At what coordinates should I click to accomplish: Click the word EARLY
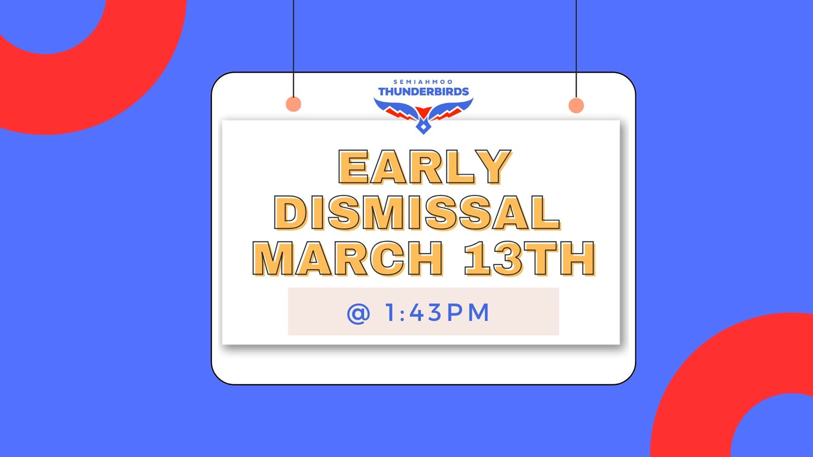(425, 167)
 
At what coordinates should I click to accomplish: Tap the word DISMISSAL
(417, 214)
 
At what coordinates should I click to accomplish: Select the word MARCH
(348, 259)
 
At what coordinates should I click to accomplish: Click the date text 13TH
(529, 259)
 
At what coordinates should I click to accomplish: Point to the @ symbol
(359, 313)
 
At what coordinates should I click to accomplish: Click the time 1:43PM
(437, 313)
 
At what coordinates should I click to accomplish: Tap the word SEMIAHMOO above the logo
(423, 82)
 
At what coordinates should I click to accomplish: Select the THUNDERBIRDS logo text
(424, 92)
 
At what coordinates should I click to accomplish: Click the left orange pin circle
(293, 104)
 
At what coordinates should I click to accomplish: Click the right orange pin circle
(576, 105)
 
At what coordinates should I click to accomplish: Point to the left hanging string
(293, 48)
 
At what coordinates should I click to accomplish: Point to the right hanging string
(576, 49)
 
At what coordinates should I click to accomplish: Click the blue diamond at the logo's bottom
(423, 128)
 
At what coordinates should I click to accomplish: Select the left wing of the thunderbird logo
(396, 109)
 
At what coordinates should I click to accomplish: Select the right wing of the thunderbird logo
(451, 109)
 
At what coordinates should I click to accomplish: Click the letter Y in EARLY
(493, 167)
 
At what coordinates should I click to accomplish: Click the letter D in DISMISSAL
(290, 214)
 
